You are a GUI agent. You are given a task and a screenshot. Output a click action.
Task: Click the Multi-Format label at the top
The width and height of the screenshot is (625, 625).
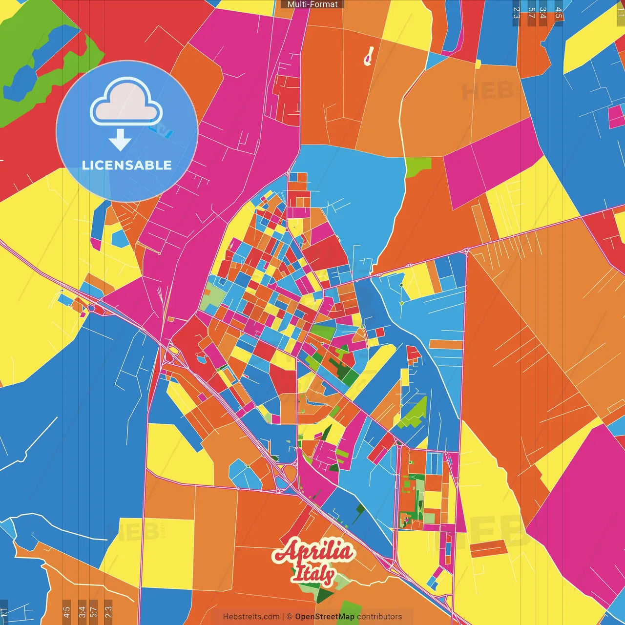coord(312,4)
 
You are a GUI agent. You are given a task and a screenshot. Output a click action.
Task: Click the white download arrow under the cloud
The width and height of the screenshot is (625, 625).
coord(120,140)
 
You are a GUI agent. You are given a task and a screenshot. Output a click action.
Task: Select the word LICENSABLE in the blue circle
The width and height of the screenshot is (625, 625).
coord(127,165)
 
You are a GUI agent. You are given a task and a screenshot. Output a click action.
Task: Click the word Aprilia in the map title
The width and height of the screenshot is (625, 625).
coord(313,552)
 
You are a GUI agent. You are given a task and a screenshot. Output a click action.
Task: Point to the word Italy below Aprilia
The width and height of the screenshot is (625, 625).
coord(313,574)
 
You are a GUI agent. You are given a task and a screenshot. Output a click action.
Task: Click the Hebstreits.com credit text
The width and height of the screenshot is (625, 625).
coord(251,617)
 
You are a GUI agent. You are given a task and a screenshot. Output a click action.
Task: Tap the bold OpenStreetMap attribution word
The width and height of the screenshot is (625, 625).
coord(325,617)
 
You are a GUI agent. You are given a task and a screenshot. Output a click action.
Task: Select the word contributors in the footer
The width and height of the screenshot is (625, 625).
coord(379,617)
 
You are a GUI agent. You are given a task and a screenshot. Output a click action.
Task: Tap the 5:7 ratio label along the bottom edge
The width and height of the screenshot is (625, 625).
coord(94,611)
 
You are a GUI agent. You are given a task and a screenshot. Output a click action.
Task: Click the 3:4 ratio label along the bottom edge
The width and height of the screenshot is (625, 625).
coord(82,611)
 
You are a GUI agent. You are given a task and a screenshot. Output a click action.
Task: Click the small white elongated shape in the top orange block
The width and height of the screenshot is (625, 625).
coord(369,56)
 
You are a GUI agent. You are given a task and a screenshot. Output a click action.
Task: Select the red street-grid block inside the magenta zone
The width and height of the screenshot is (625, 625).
coord(287,100)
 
